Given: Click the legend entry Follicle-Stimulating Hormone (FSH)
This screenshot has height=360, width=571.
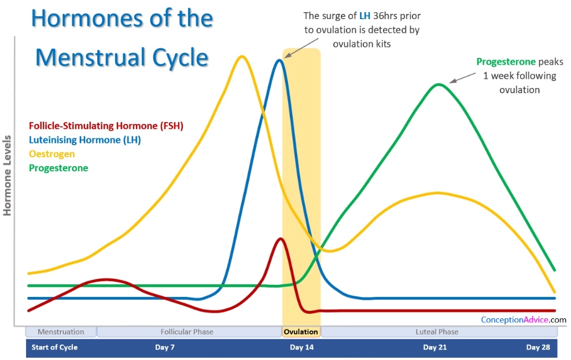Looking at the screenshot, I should click(106, 126).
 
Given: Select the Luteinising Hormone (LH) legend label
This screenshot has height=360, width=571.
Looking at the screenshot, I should click(84, 139).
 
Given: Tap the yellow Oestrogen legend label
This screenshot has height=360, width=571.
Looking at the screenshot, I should click(51, 154).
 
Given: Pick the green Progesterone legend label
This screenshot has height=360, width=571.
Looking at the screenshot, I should click(58, 168).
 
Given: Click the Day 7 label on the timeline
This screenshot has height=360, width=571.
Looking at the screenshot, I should click(165, 347).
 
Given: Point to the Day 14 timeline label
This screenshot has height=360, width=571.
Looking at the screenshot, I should click(301, 347).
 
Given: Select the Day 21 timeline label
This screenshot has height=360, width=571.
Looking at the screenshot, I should click(434, 347).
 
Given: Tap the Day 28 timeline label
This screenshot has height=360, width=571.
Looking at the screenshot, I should click(537, 347).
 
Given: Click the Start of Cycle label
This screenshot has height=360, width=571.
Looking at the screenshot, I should click(54, 347).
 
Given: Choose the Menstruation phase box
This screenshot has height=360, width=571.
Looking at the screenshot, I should click(61, 332).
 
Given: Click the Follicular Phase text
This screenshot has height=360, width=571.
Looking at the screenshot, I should click(187, 332).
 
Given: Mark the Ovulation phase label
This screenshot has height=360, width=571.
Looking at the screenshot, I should click(301, 332).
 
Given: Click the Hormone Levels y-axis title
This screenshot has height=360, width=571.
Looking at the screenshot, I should click(8, 175).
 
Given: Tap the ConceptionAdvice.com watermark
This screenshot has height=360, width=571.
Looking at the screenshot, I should click(524, 319).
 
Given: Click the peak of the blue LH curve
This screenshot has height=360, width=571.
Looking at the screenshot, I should click(280, 60).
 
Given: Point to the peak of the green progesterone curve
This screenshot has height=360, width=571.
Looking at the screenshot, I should click(439, 85).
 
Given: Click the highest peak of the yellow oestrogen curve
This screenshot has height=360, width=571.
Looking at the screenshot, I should click(241, 56).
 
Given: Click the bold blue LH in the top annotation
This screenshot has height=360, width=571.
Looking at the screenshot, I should click(364, 16).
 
